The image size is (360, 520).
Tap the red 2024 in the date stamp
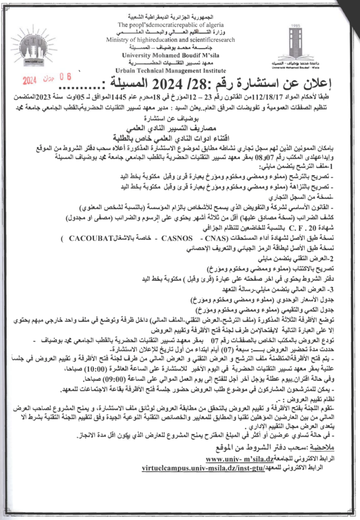[31, 80]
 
